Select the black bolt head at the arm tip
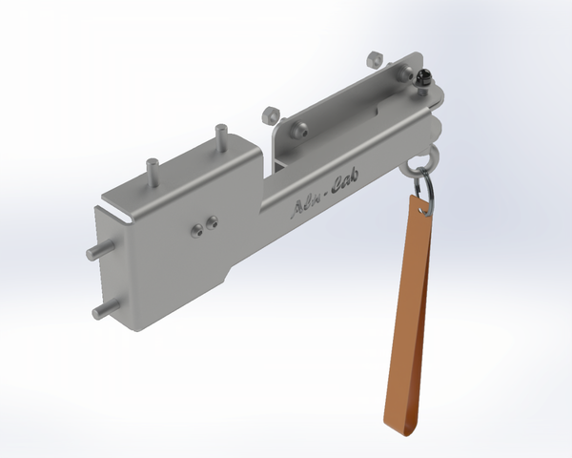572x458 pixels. [422, 81]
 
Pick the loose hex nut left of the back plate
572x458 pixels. [270, 114]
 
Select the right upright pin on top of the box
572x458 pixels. [220, 136]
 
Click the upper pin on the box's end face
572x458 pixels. [96, 250]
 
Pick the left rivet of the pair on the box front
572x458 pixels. [195, 228]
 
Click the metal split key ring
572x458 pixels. [427, 186]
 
